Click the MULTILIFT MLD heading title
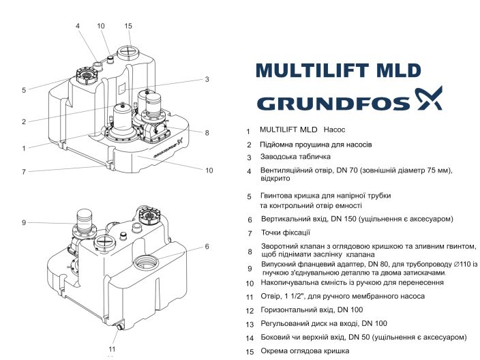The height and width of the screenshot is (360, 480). (337, 70)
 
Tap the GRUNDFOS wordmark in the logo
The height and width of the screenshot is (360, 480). (333, 103)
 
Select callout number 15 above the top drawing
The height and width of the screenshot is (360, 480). (127, 26)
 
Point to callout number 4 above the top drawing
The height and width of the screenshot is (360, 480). (78, 26)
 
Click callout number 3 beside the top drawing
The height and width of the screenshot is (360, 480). (207, 79)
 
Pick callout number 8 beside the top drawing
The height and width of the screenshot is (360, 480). (207, 132)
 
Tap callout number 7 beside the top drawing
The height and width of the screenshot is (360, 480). (23, 172)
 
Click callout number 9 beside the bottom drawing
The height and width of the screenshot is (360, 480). (23, 222)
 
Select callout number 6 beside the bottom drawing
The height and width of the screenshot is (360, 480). (207, 246)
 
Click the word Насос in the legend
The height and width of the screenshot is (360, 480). (335, 129)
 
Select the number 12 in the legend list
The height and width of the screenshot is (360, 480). (250, 310)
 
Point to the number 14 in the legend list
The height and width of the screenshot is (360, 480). (250, 337)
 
